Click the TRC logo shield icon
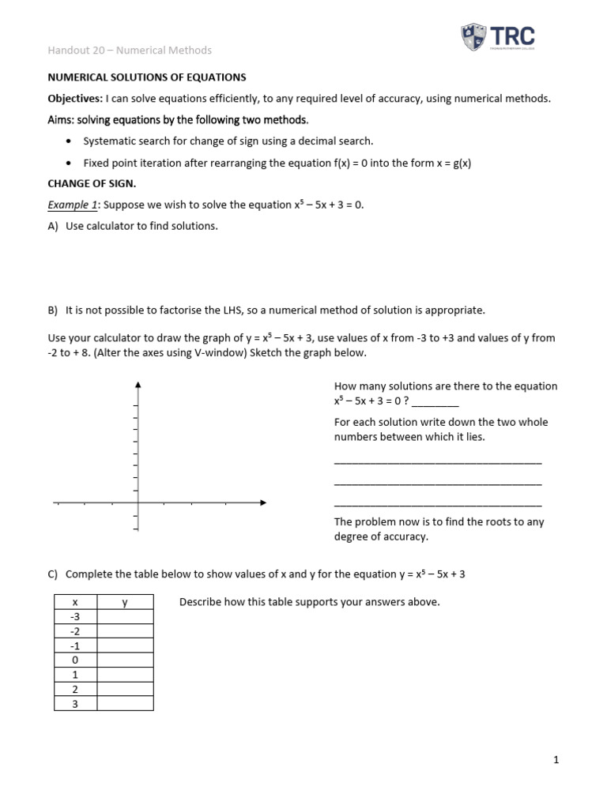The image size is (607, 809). pos(475,36)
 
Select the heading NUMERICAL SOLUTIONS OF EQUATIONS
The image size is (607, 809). pos(147,77)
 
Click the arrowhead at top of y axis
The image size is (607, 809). pos(138,385)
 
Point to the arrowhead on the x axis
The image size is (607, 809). pos(262,502)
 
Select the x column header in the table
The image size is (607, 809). pos(74,603)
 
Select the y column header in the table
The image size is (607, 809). pos(124,603)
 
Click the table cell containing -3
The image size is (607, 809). pos(74,617)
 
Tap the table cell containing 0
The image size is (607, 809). pos(74,660)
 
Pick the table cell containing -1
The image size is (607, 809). pos(74,645)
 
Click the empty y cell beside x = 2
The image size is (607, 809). pos(124,688)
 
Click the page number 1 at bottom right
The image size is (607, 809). pos(556,760)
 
